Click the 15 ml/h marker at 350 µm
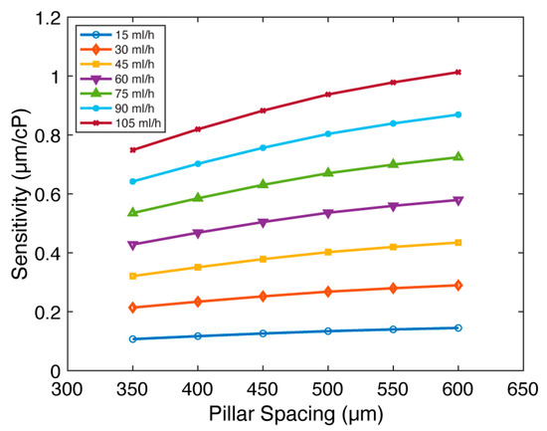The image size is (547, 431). tap(132, 338)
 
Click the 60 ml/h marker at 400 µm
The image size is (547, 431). tap(198, 233)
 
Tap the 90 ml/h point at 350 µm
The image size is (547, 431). tap(132, 181)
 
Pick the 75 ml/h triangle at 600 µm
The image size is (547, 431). tap(457, 156)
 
